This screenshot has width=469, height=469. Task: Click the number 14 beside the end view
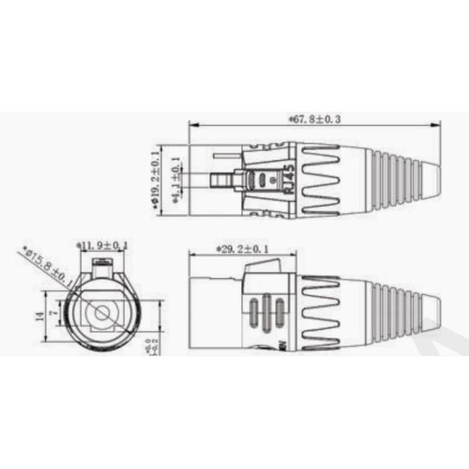coord(37,315)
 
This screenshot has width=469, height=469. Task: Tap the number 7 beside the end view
coord(53,313)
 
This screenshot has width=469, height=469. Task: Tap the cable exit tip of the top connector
coord(438,176)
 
